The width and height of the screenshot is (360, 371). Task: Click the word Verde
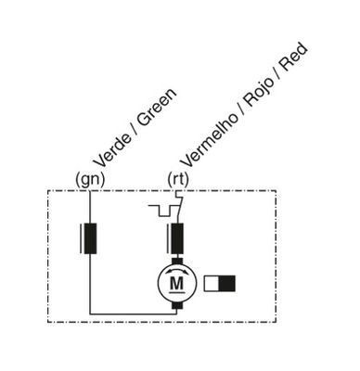pos(112,150)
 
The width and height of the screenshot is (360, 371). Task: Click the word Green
pos(157,108)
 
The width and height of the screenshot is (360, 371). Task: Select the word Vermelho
pos(209,140)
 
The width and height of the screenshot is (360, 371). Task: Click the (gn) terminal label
pos(90,180)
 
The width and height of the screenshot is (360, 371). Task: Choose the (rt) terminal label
pos(178,180)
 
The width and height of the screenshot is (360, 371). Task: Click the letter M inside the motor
pos(177,283)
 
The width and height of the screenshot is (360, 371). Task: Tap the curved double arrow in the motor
pos(177,271)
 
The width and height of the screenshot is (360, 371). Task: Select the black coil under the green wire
pos(90,238)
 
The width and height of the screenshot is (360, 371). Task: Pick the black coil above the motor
pos(177,238)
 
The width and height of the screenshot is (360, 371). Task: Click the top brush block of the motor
pos(177,262)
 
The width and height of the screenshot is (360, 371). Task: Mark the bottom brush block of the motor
pos(177,305)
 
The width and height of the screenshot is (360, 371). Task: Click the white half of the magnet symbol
pos(212,284)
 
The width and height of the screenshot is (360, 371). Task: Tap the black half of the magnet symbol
pos(227,284)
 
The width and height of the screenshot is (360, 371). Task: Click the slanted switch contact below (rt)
pos(180,207)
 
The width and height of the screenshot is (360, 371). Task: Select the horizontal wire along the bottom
pos(134,314)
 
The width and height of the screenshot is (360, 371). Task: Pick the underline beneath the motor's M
pos(177,291)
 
